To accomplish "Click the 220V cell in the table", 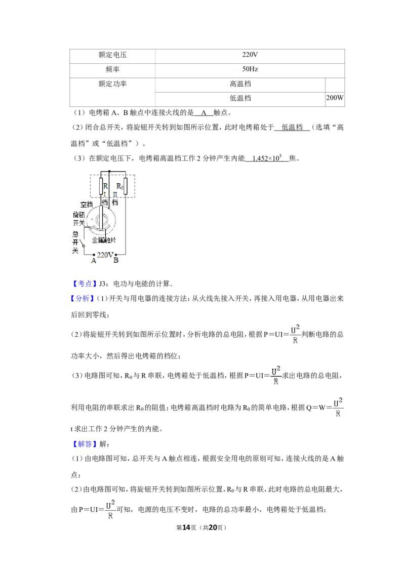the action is click(x=250, y=55).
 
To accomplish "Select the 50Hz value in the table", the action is click(x=250, y=69).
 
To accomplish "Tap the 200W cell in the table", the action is click(x=335, y=98).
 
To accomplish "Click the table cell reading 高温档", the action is click(x=240, y=84).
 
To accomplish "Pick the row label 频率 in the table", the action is click(x=112, y=69).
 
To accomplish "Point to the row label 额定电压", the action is click(x=112, y=55).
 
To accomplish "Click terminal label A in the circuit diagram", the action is click(x=94, y=261).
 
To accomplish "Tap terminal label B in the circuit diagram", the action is click(x=116, y=261).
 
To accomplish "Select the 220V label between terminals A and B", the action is click(x=105, y=255).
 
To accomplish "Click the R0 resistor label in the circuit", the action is click(x=119, y=187).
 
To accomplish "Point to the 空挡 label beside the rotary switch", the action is click(x=87, y=204).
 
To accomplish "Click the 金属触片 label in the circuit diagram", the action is click(x=104, y=240).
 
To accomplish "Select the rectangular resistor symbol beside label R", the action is click(x=101, y=186).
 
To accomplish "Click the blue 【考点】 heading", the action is click(x=84, y=283).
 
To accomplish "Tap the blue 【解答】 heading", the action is click(x=84, y=444).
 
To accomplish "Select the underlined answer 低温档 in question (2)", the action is click(x=292, y=128).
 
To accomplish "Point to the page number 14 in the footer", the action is click(x=186, y=527).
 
